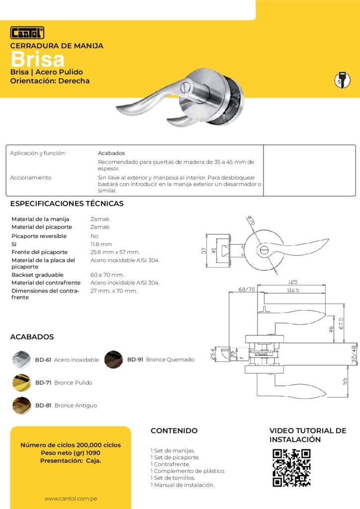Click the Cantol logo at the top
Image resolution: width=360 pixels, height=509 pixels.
click(x=27, y=33)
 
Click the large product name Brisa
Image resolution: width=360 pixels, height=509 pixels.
click(x=38, y=60)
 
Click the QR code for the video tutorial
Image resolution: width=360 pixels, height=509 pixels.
click(x=291, y=468)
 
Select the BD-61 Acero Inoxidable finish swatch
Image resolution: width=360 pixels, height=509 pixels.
click(x=21, y=359)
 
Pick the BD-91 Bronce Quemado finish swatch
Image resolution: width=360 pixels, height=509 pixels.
click(x=113, y=359)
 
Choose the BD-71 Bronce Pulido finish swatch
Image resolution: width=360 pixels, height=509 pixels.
click(x=21, y=383)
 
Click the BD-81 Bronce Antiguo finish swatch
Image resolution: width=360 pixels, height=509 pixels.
click(x=21, y=406)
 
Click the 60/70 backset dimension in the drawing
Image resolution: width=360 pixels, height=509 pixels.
click(x=246, y=289)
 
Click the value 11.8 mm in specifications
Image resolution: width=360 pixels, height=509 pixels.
click(x=101, y=244)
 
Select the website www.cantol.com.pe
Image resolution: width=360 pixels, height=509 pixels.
click(x=70, y=499)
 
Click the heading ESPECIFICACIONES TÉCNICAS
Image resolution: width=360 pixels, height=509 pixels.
click(x=67, y=204)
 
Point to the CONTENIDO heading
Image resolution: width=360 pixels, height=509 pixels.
click(x=174, y=431)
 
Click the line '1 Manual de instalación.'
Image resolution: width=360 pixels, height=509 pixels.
click(x=182, y=485)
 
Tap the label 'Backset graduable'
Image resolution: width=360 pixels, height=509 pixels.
click(x=37, y=275)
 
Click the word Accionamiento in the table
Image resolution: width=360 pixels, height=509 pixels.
click(x=31, y=177)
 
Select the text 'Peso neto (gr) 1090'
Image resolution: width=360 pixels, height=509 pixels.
click(x=70, y=453)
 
